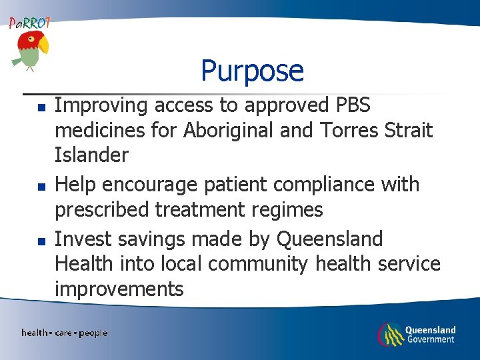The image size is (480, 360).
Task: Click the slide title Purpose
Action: (x=252, y=71)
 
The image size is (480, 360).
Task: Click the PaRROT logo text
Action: (x=30, y=23)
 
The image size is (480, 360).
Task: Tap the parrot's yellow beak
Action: (x=43, y=45)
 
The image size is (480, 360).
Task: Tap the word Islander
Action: (x=91, y=155)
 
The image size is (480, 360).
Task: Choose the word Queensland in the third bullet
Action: (x=329, y=239)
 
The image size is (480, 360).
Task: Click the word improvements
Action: (x=119, y=289)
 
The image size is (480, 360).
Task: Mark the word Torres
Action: (x=340, y=130)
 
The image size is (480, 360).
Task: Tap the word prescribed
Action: (x=102, y=210)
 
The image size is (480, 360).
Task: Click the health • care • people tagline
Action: (x=64, y=333)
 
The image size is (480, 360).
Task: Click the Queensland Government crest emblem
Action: (x=389, y=333)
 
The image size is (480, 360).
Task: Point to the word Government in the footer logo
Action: (x=430, y=339)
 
